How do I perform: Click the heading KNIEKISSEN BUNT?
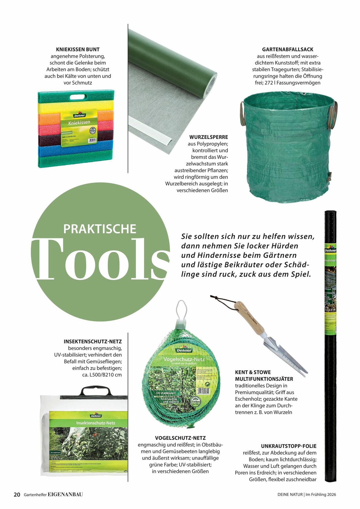tap(78, 50)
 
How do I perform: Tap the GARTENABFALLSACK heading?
tap(287, 50)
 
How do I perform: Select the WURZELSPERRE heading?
tap(209, 137)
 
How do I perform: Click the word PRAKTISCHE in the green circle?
tap(100, 229)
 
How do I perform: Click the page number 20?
tap(17, 495)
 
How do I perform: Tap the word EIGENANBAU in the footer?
tap(65, 495)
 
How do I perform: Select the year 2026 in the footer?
tap(331, 495)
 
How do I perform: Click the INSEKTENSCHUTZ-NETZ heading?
tap(93, 341)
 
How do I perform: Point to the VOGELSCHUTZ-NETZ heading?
tap(180, 438)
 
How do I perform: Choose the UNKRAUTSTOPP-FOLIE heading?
tap(289, 446)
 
